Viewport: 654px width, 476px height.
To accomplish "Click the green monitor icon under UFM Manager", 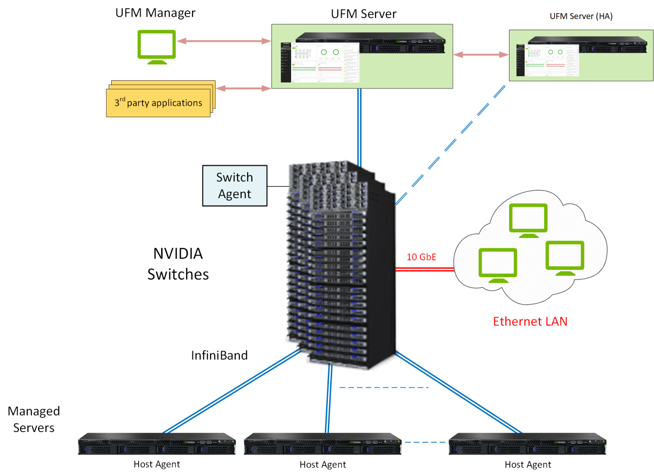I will point(157,46).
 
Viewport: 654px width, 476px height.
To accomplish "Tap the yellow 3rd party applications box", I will point(159,103).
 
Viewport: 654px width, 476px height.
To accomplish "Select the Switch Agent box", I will point(234,186).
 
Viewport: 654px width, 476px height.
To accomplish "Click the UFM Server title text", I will point(363,14).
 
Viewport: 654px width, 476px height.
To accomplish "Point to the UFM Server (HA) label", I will point(581,16).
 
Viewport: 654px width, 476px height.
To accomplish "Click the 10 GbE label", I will point(421,257).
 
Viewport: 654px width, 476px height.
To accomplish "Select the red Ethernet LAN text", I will point(530,321).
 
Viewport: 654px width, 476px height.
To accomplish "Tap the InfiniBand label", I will point(219,355).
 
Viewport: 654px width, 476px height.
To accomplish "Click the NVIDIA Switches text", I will point(178,264).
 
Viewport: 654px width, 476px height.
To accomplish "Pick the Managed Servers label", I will point(34,419).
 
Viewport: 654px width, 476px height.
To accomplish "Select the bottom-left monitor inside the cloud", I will point(498,265).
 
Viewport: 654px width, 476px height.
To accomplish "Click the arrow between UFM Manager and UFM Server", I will point(224,41).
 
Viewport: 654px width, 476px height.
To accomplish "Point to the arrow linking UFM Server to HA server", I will point(481,55).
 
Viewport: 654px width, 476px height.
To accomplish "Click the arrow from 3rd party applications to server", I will point(243,88).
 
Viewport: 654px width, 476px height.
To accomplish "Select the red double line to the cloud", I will point(424,269).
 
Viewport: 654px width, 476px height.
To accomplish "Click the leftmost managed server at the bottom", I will point(157,444).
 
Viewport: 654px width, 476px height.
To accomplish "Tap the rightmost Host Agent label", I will point(528,465).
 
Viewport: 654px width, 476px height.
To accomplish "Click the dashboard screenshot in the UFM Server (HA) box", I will point(548,60).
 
